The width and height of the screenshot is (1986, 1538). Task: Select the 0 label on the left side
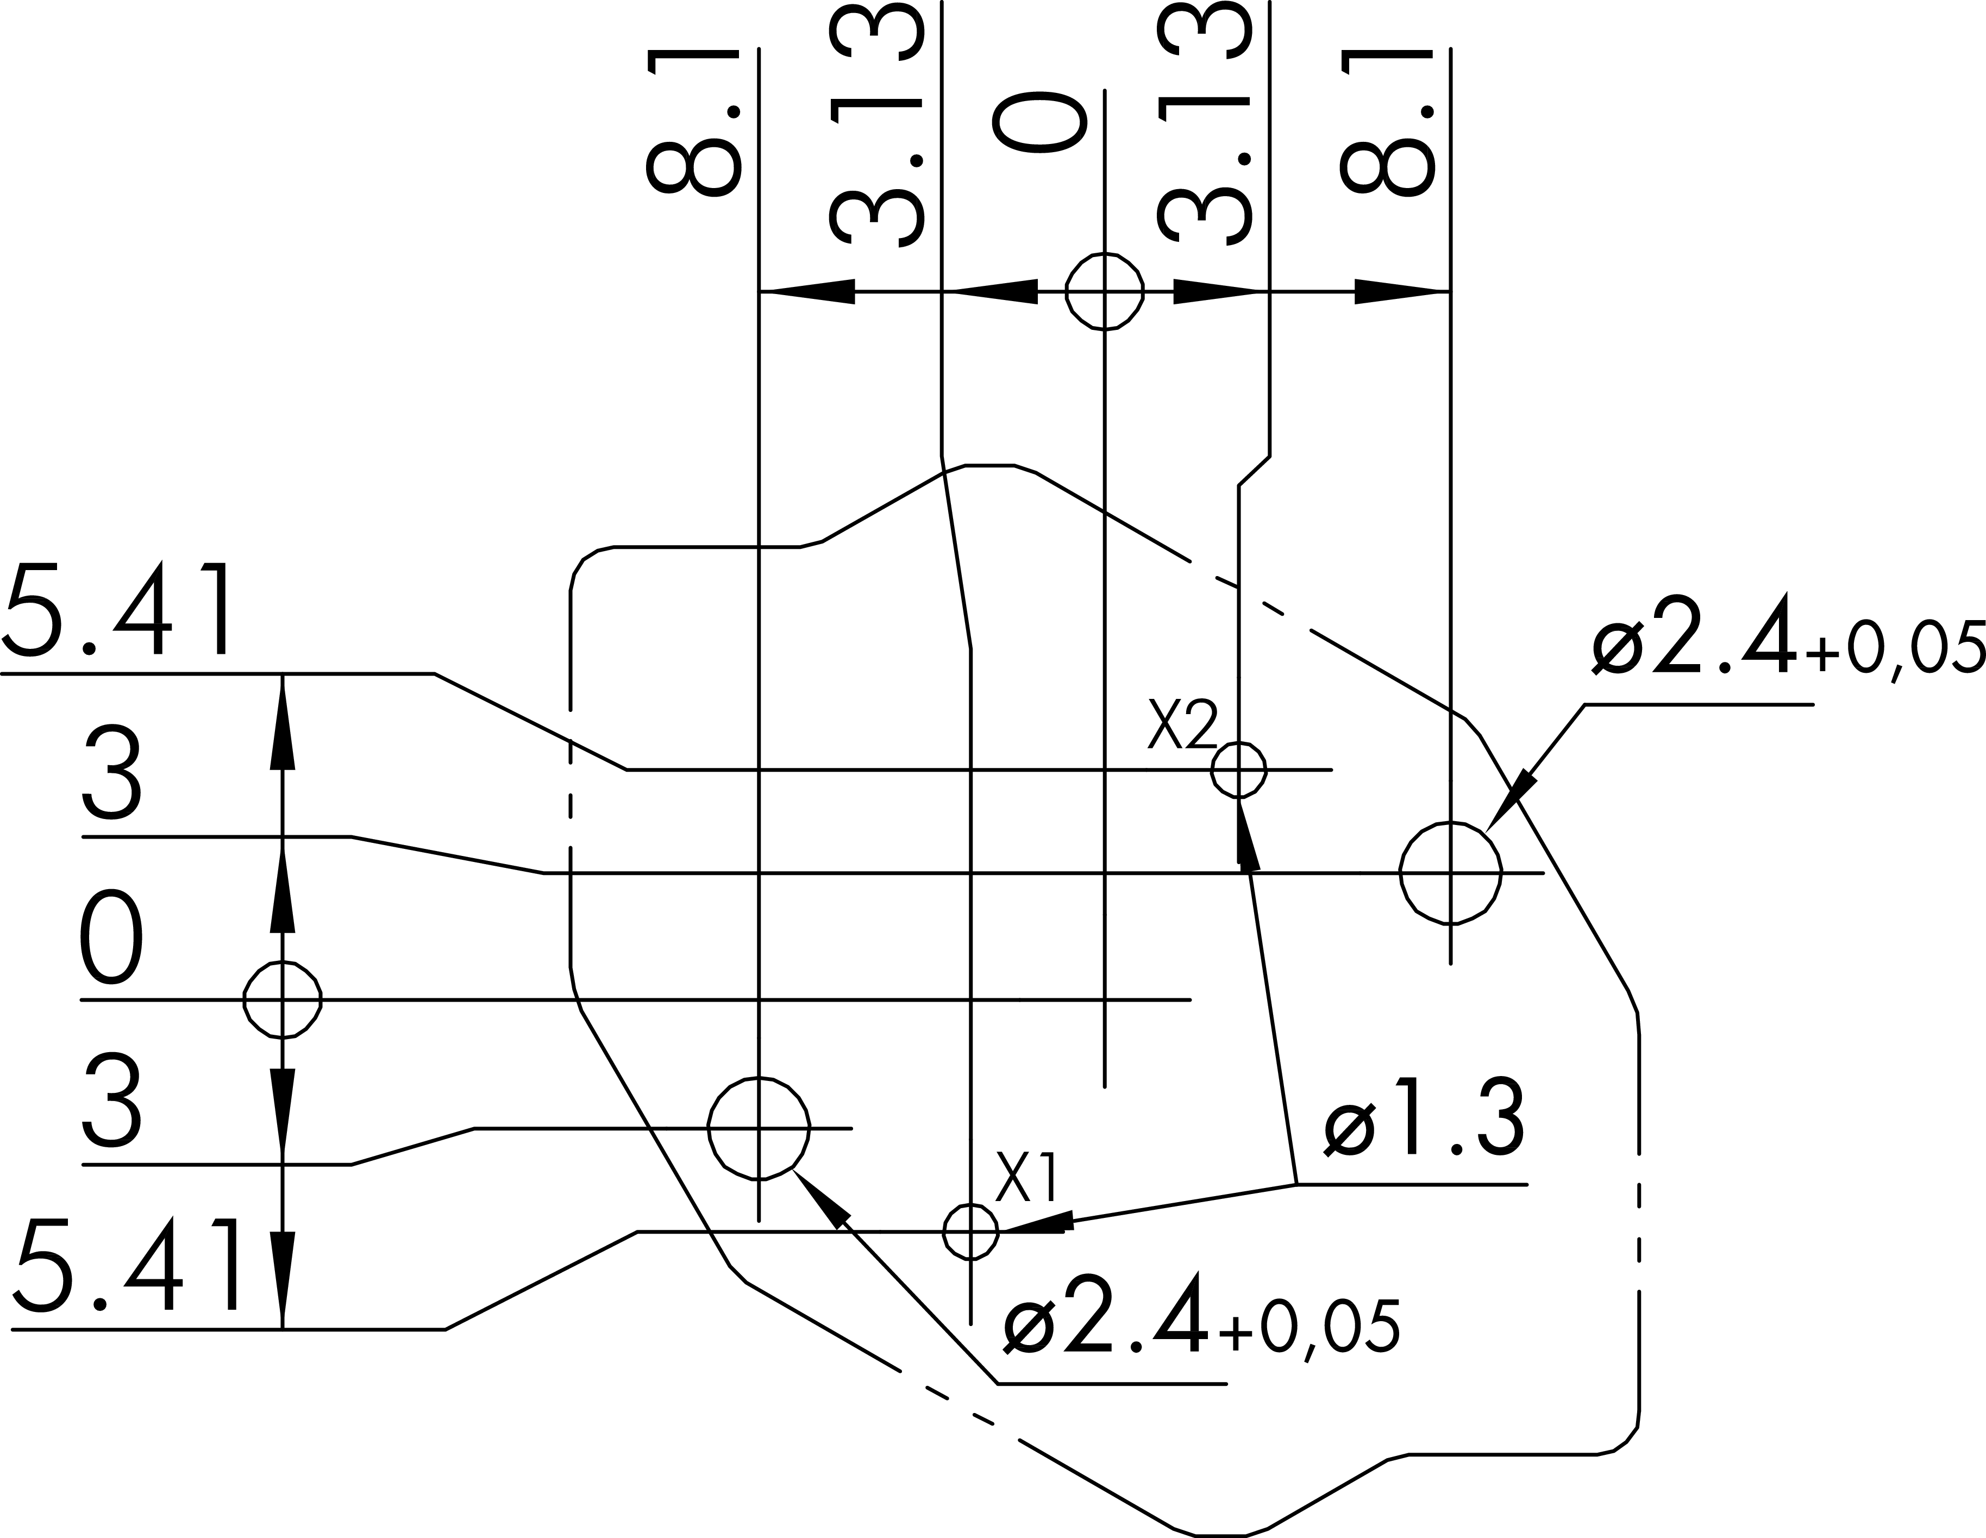point(112,937)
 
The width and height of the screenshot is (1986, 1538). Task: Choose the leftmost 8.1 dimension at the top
point(693,122)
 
